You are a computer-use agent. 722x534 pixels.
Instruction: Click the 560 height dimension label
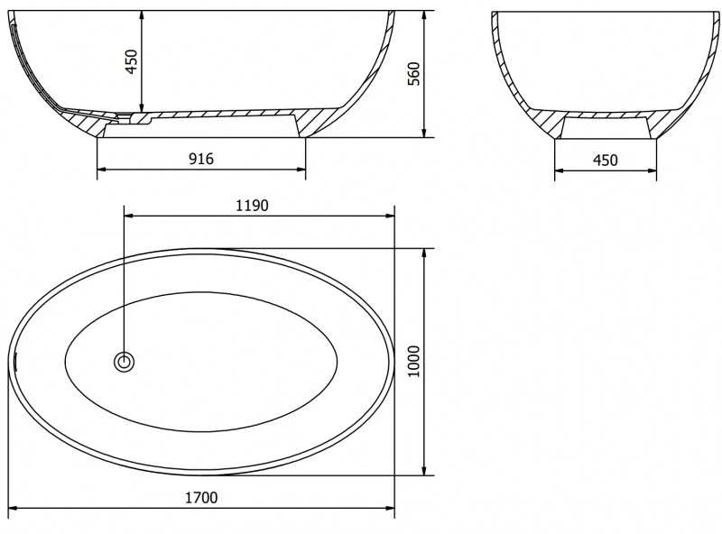[413, 74]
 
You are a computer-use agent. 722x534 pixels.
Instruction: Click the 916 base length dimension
[201, 159]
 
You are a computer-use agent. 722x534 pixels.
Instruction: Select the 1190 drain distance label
[252, 206]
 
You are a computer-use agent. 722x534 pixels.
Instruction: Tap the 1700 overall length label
[201, 498]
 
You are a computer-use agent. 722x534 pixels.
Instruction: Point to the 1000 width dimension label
[414, 362]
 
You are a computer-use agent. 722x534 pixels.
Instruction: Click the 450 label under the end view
[605, 160]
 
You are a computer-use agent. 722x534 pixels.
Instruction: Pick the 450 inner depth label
[131, 61]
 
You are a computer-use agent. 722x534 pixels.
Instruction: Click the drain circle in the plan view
[125, 362]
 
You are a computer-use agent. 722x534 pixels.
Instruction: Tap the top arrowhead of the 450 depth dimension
[142, 15]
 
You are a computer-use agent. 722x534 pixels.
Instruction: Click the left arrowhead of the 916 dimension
[102, 170]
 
